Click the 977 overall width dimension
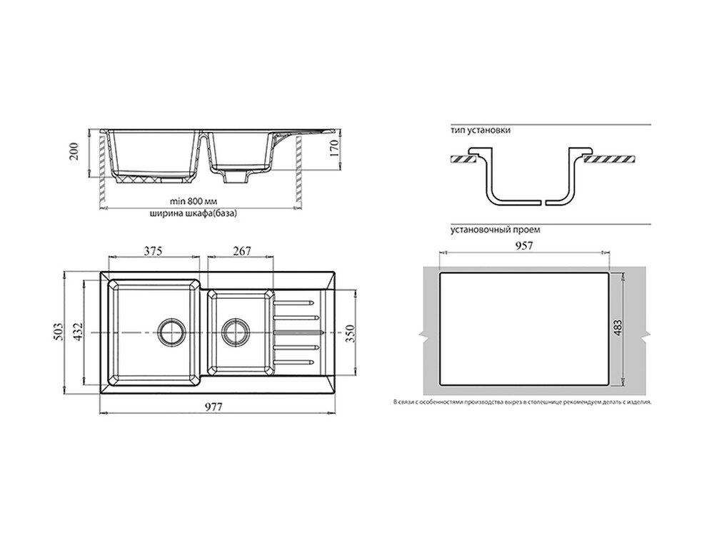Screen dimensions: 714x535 [213, 407]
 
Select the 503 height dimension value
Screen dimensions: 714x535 [58, 332]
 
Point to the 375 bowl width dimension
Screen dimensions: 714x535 [153, 250]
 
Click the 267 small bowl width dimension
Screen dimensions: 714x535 [241, 250]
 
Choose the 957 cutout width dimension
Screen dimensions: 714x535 [524, 245]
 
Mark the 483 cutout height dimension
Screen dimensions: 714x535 [618, 328]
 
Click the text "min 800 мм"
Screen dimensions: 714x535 [193, 200]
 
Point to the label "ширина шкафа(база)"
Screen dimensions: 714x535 [193, 213]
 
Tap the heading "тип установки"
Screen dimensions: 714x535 [481, 130]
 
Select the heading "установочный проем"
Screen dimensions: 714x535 [496, 230]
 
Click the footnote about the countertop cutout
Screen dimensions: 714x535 [523, 402]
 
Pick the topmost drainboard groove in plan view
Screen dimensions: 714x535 [293, 302]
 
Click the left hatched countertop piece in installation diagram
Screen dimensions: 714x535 [463, 159]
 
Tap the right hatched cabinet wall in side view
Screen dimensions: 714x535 [298, 168]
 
